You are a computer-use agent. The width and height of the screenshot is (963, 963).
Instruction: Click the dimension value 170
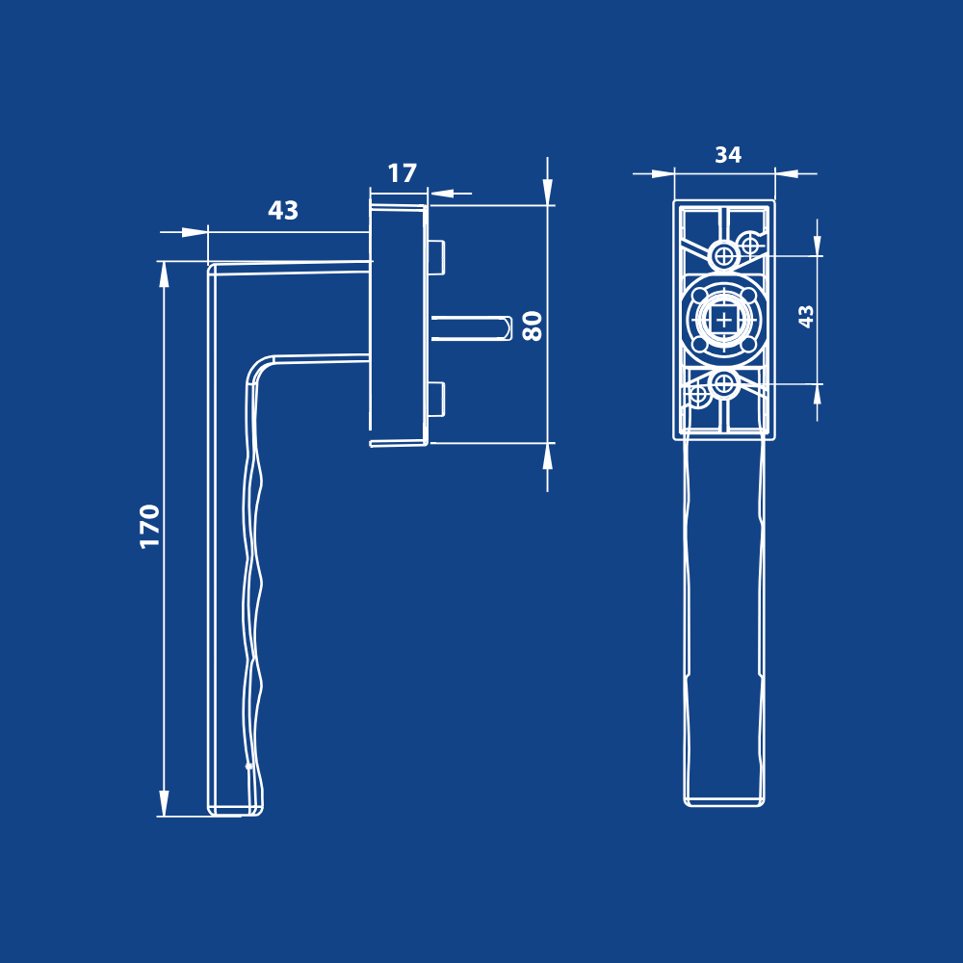click(x=150, y=527)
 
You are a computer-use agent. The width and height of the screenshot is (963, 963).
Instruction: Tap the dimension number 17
click(x=403, y=173)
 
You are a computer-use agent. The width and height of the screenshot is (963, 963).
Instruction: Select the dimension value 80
click(x=532, y=325)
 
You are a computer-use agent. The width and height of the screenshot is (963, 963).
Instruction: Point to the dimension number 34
click(x=728, y=154)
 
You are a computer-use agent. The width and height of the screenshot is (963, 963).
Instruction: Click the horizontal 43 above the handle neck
click(x=283, y=211)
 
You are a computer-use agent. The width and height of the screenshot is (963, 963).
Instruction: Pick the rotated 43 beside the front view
click(x=806, y=316)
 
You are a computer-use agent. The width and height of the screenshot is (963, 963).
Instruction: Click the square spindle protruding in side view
click(x=471, y=328)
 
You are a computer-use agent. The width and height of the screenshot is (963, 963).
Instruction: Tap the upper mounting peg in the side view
click(x=436, y=257)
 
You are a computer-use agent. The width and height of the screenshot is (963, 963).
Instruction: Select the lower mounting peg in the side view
click(x=436, y=400)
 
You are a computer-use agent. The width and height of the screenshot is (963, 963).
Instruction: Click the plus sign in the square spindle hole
click(x=725, y=320)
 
